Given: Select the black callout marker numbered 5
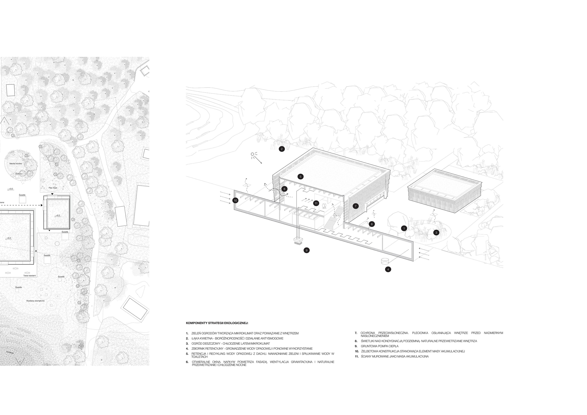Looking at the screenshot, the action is point(300,176).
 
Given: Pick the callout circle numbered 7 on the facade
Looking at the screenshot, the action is point(355,206).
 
